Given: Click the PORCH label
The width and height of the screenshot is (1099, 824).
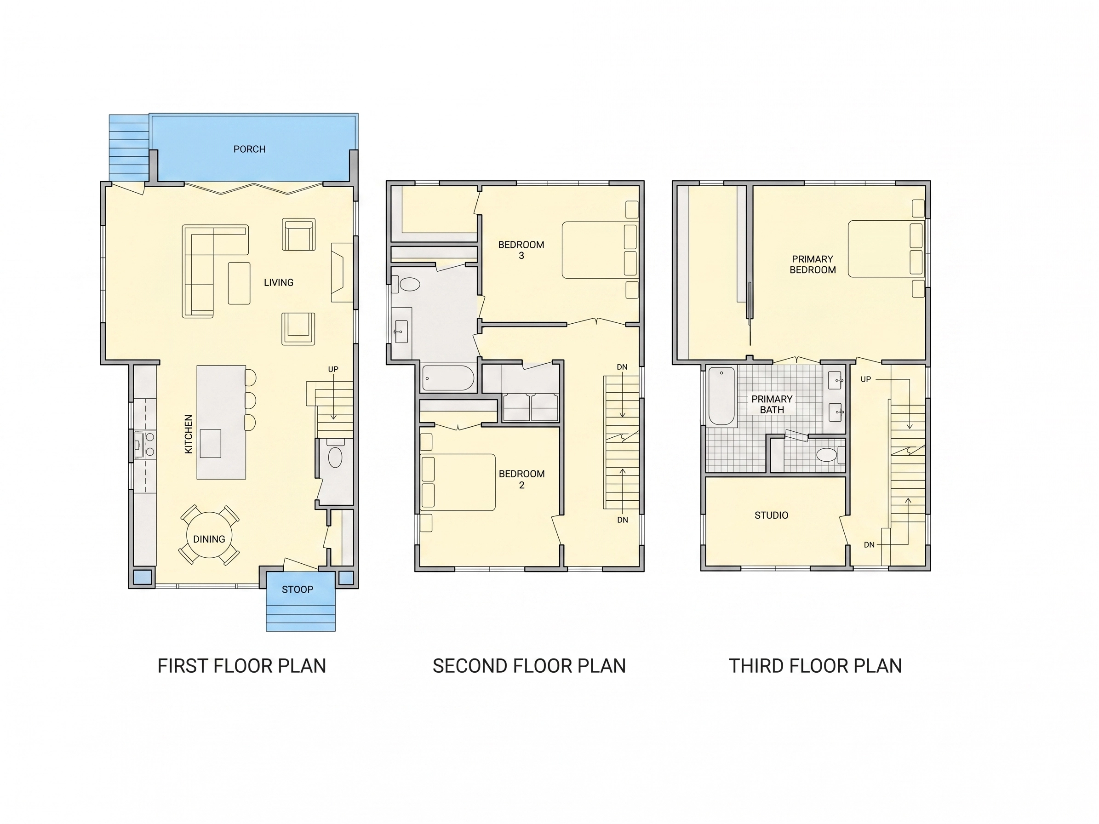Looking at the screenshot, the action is pos(249,149).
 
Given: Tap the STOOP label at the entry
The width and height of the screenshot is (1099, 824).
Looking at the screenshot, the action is pos(297,589).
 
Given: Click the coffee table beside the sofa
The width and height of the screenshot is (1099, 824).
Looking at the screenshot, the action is pos(239,283).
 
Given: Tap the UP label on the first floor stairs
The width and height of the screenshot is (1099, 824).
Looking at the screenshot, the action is pos(333,369).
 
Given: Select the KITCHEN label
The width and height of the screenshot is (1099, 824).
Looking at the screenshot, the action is pos(188,434).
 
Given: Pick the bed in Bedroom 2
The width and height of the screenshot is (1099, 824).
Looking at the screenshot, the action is pos(458,482).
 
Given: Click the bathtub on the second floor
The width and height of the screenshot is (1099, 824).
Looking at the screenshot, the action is pos(448,378).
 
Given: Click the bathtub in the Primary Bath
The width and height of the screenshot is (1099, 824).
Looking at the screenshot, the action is pos(721,396).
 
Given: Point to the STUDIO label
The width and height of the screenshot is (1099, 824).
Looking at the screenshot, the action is pos(771,515).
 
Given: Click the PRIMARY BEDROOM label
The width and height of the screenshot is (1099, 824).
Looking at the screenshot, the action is pos(813,264).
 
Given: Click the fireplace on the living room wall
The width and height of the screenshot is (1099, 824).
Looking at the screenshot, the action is pos(342,272).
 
